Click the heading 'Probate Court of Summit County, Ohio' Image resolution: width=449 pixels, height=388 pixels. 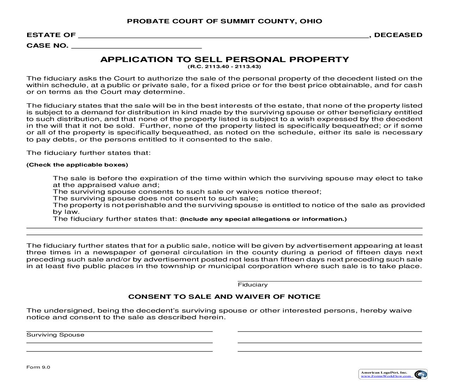pos(224,21)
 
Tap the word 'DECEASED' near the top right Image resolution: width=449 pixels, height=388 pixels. pos(398,35)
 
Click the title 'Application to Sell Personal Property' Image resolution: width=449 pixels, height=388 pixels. pos(224,59)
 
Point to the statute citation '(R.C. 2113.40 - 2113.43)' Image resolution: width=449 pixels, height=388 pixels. pos(224,67)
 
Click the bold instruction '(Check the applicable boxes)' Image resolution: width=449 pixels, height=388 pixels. pos(77,165)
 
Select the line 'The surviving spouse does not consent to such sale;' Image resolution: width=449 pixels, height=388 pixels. pos(155,198)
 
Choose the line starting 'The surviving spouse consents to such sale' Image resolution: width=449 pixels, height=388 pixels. pos(187,192)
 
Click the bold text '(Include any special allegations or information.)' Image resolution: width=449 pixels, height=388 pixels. pos(263,219)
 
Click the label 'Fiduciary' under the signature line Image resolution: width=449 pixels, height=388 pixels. pos(252,285)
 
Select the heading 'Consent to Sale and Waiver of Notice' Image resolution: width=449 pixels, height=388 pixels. pos(224,297)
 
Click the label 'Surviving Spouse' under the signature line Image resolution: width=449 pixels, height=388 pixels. pos(55,335)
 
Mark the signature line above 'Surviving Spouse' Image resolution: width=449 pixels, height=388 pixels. pos(119,331)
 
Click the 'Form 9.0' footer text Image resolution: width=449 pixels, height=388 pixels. pos(38,367)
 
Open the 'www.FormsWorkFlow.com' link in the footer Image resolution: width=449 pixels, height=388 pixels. pos(386,376)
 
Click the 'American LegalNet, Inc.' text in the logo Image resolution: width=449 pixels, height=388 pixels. pos(384,372)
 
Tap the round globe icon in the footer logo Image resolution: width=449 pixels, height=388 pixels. pos(420,374)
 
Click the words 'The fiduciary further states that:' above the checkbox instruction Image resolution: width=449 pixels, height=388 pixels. pos(88,153)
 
